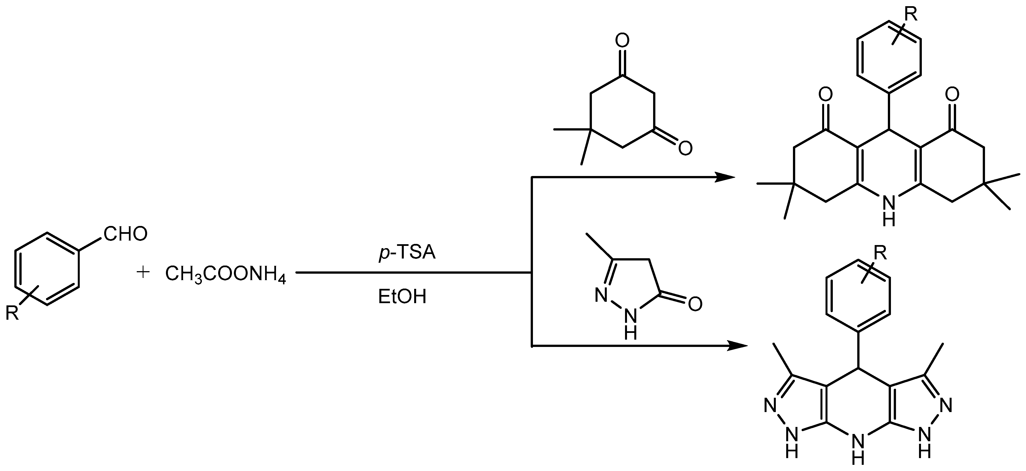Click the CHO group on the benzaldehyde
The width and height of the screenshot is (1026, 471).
tap(126, 234)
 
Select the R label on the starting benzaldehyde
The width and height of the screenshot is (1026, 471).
tap(12, 313)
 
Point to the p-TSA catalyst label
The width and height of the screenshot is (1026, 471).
tap(407, 253)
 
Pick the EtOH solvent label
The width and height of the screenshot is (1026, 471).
tap(402, 297)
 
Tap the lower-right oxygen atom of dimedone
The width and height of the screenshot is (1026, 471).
tap(685, 148)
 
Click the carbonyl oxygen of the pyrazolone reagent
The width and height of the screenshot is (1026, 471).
tap(695, 304)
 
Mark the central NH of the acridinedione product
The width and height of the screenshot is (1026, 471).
tap(889, 211)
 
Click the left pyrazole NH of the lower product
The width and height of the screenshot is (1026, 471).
tap(792, 444)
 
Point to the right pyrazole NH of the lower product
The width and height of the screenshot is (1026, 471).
tap(924, 444)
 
